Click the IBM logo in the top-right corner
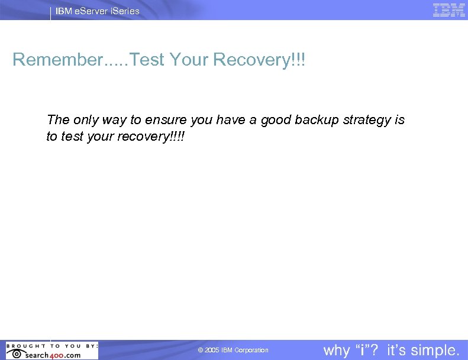448,10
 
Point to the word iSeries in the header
125,11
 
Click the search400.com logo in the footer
52,355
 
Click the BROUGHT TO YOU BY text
51,346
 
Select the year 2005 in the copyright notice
212,351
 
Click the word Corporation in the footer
251,351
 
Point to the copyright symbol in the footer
201,351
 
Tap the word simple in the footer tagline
437,350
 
